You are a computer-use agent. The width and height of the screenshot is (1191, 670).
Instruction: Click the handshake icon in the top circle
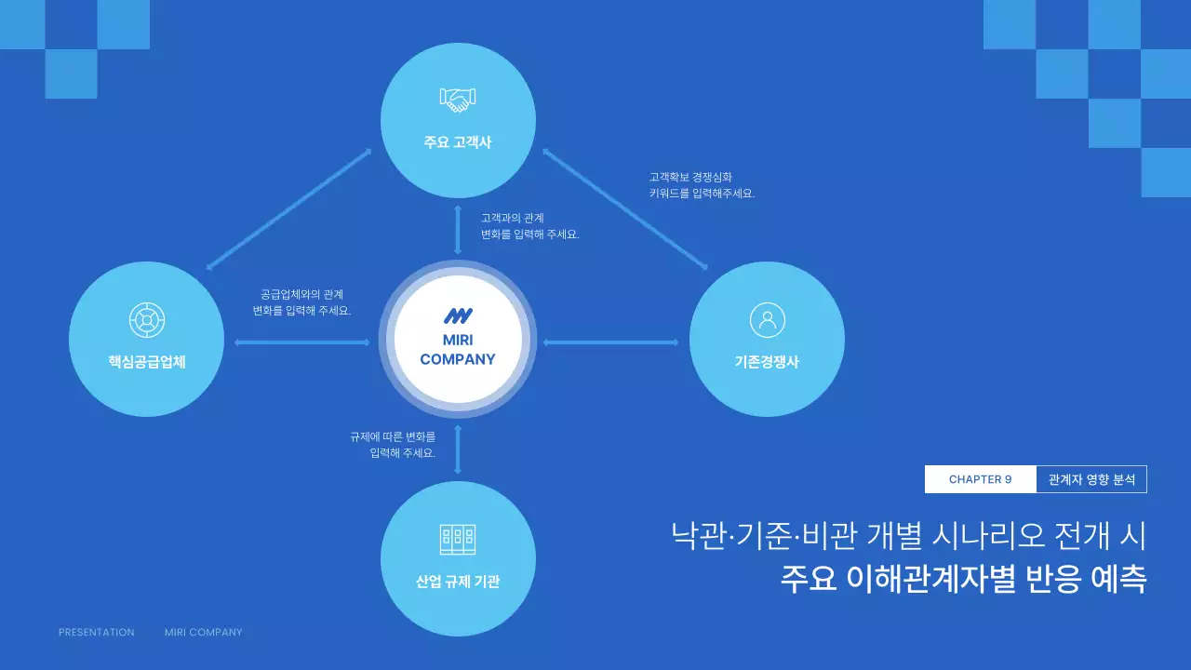click(x=458, y=99)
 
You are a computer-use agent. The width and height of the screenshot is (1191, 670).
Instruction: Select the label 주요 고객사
click(x=458, y=143)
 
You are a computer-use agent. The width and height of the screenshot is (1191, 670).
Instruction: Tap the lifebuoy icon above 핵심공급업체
click(x=147, y=320)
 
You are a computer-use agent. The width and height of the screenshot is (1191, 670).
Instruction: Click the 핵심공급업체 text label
click(x=147, y=362)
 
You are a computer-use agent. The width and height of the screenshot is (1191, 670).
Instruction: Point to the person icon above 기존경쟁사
click(x=767, y=320)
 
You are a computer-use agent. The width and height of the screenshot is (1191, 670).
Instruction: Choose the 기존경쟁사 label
click(x=767, y=362)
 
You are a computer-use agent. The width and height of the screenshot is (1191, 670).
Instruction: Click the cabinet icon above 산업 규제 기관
click(x=458, y=539)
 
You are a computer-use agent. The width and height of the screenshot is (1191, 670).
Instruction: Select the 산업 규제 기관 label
click(x=458, y=582)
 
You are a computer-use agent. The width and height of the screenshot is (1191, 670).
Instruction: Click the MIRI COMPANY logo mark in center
click(x=458, y=316)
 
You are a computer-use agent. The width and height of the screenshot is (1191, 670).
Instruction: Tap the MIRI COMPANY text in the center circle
click(x=458, y=350)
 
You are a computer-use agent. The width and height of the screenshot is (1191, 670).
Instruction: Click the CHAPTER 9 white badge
click(x=980, y=479)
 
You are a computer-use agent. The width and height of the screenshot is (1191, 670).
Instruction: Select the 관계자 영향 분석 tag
click(x=1091, y=479)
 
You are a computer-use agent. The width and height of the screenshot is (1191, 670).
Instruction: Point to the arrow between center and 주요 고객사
click(x=458, y=230)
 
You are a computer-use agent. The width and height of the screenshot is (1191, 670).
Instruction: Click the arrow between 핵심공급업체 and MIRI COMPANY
click(x=302, y=342)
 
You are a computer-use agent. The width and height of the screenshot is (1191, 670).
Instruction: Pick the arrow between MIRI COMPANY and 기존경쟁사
click(x=611, y=342)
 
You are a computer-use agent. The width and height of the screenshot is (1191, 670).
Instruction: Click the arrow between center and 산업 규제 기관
click(x=458, y=449)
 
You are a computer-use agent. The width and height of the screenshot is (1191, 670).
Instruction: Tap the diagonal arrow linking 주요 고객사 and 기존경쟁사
click(x=625, y=208)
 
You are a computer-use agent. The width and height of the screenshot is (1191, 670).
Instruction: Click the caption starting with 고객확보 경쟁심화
click(x=702, y=184)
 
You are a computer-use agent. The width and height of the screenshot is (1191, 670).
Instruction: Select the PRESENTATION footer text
click(x=97, y=632)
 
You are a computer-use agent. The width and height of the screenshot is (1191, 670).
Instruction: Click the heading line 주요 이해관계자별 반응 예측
click(x=963, y=578)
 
